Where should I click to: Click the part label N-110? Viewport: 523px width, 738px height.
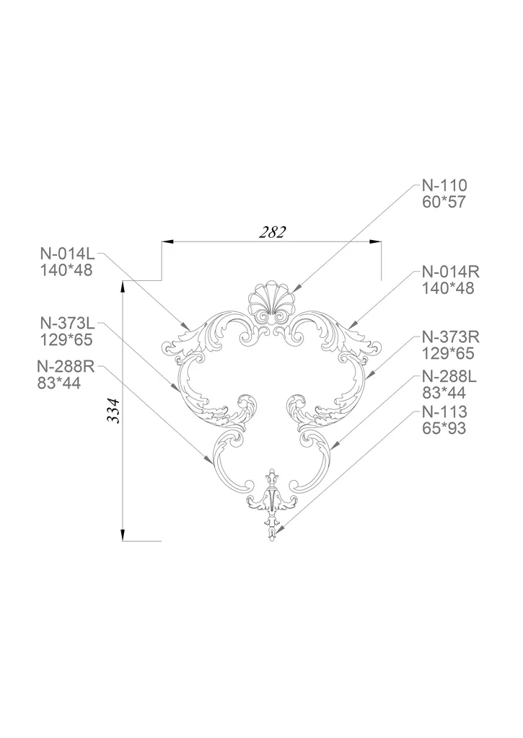tap(444, 186)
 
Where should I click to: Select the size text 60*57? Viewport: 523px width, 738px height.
tap(444, 203)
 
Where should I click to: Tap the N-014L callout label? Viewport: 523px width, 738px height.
tap(67, 254)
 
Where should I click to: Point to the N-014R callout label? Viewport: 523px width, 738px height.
tap(450, 272)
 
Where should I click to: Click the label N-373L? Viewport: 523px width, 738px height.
tap(68, 324)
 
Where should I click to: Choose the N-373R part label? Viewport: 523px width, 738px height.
tap(450, 337)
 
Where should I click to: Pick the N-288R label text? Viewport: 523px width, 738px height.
tap(66, 367)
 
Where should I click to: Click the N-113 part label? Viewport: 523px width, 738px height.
tap(444, 412)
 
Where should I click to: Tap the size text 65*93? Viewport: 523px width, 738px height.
tap(444, 428)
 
